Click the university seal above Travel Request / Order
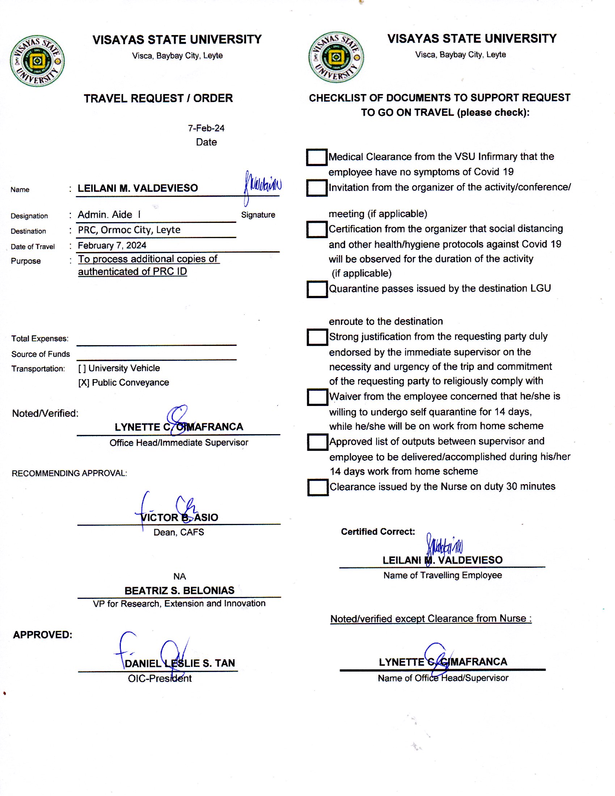(37, 61)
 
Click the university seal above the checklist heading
(336, 57)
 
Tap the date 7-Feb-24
(206, 128)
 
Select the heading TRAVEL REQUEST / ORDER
(158, 98)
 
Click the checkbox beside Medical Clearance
(316, 157)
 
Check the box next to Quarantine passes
(317, 289)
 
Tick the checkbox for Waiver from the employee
(317, 397)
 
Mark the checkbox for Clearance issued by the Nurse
(317, 487)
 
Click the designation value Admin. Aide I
(109, 215)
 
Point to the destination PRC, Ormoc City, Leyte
(129, 230)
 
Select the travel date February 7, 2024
(112, 245)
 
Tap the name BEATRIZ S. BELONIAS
(179, 590)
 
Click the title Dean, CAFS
(178, 532)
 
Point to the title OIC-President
(160, 678)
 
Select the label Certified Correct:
(378, 532)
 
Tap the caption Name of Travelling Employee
(442, 575)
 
